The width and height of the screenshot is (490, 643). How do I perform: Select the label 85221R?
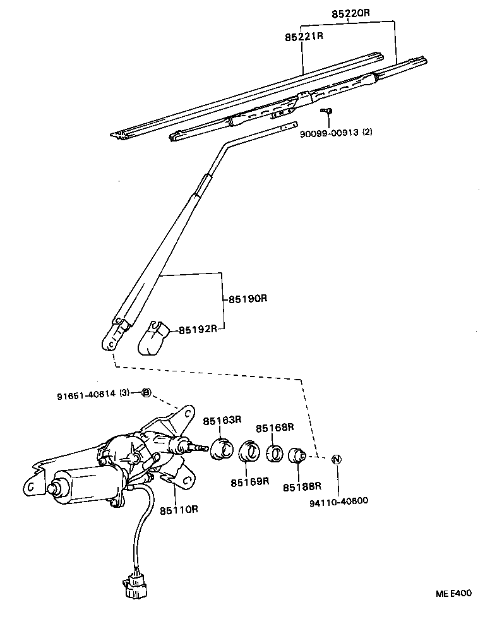coord(304,36)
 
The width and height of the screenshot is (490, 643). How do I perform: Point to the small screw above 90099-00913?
coord(328,112)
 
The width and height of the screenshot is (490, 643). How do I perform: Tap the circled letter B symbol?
coord(146,393)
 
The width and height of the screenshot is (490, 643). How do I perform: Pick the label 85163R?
coord(222,420)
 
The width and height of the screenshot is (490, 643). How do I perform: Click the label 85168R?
coord(275,428)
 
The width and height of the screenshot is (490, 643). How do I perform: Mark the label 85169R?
coord(249,482)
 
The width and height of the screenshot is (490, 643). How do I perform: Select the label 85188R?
coord(302,486)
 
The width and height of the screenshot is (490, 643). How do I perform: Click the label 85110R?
coord(179,509)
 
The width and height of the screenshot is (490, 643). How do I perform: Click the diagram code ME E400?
coord(453,594)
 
